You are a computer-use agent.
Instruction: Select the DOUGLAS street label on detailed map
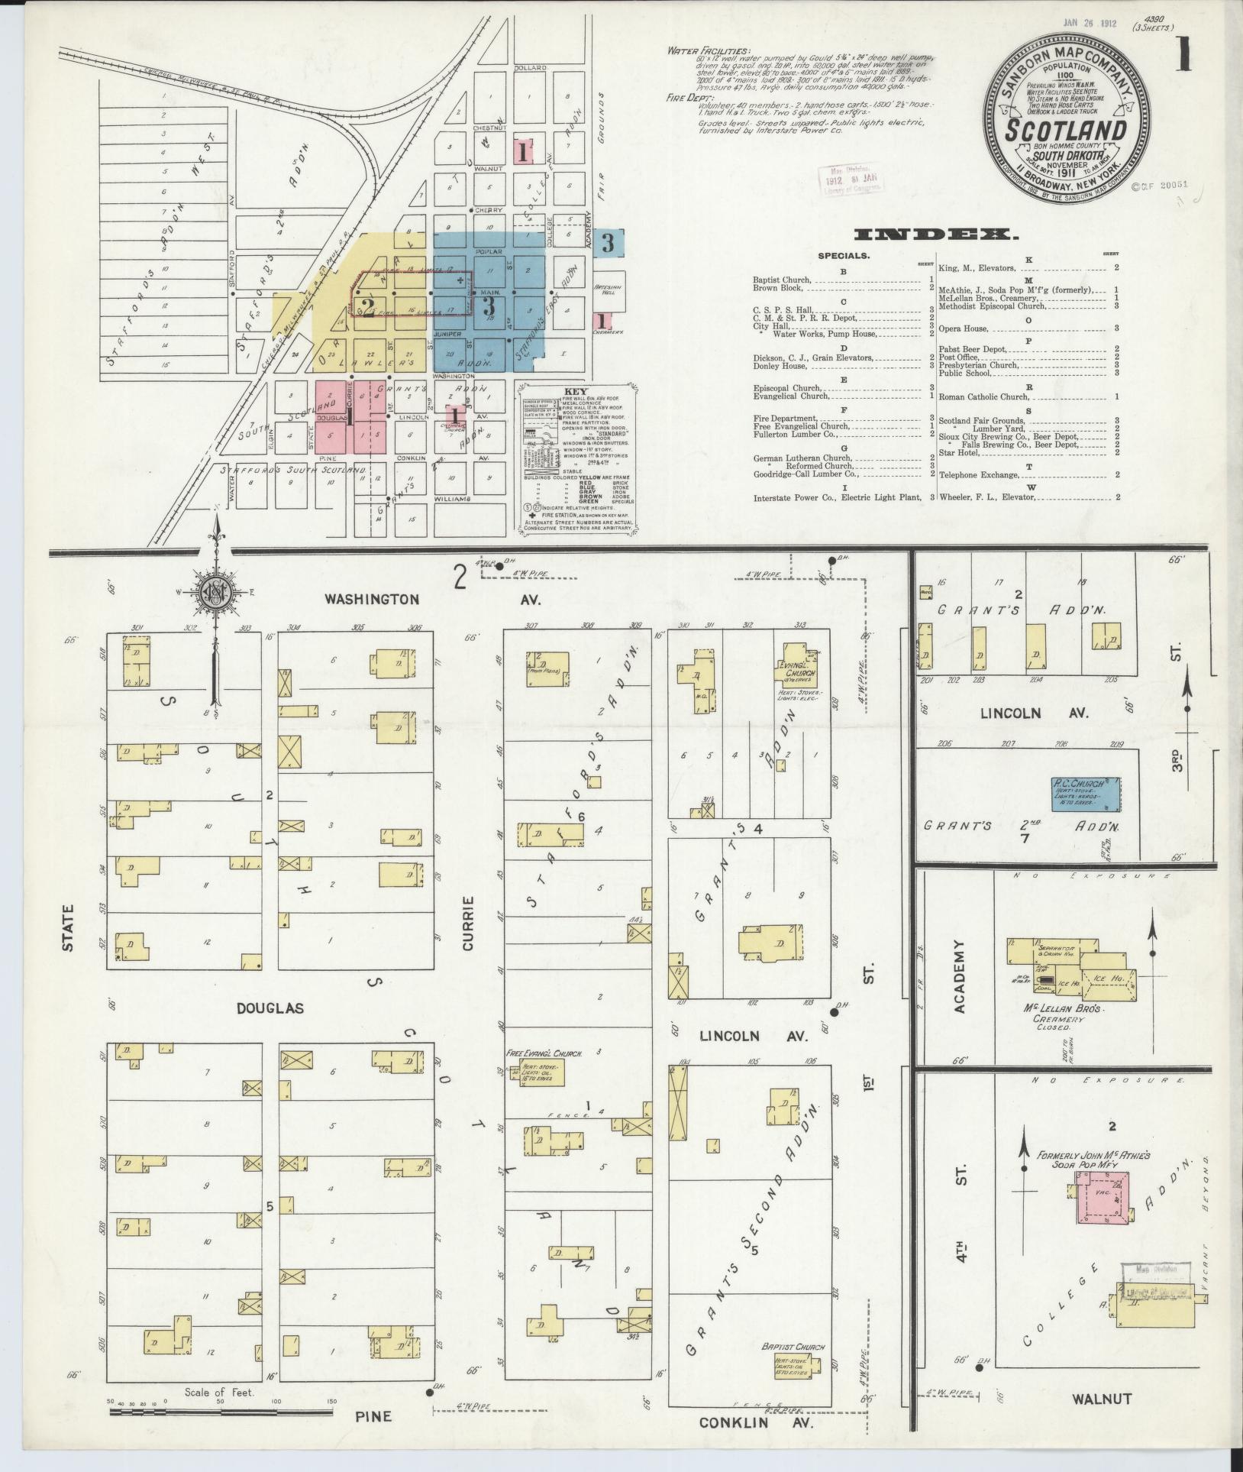(270, 1008)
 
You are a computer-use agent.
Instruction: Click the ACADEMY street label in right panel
(959, 976)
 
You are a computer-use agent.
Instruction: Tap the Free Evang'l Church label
(544, 1053)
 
